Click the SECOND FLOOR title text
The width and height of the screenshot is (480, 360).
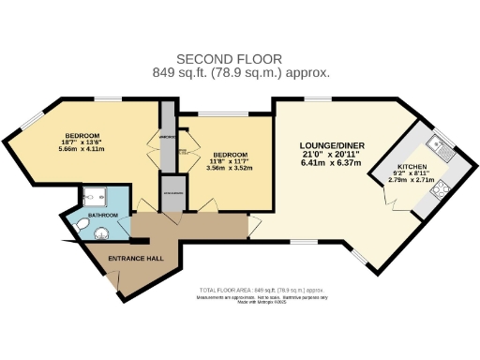(x=239, y=58)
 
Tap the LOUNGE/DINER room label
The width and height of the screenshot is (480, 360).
(x=331, y=145)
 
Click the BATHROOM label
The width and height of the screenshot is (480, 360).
(x=103, y=216)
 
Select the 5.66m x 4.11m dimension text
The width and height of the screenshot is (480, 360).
(x=83, y=150)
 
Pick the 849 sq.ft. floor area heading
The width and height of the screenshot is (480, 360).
(x=239, y=73)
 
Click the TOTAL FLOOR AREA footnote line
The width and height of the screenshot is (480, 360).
(x=262, y=291)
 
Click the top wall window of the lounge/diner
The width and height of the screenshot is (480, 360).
(x=317, y=97)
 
